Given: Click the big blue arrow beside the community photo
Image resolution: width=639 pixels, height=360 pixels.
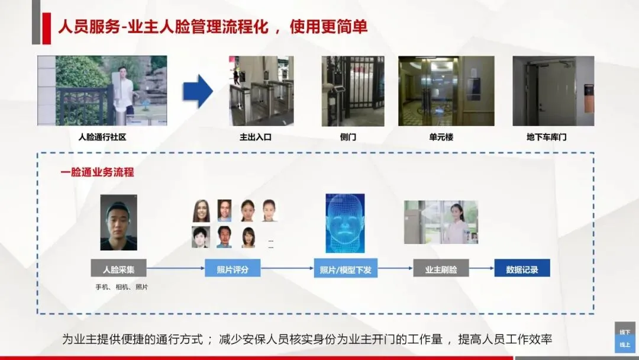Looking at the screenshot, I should pyautogui.click(x=197, y=91).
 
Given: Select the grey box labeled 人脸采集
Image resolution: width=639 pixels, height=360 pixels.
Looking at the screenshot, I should pyautogui.click(x=118, y=269).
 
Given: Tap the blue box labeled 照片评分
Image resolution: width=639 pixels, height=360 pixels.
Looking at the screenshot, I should pyautogui.click(x=233, y=269).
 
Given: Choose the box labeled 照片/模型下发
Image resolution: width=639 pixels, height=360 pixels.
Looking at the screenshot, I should pyautogui.click(x=346, y=269).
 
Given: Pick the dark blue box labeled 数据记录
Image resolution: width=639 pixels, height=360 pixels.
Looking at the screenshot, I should pyautogui.click(x=522, y=269).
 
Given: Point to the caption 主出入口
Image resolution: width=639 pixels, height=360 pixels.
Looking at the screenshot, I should pyautogui.click(x=255, y=137).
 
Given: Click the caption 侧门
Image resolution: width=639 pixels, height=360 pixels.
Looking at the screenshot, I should pyautogui.click(x=348, y=137).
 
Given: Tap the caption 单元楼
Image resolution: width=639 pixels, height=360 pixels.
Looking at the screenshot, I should pyautogui.click(x=441, y=137).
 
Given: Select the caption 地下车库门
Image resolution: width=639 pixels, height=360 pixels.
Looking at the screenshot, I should pyautogui.click(x=546, y=137).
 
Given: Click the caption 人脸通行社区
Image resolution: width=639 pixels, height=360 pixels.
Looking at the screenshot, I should pyautogui.click(x=102, y=137).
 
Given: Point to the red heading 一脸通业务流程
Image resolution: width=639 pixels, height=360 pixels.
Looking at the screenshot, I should pyautogui.click(x=97, y=172).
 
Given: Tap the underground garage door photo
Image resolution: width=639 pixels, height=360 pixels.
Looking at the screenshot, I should pyautogui.click(x=553, y=91).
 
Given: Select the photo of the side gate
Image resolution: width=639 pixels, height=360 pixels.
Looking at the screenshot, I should pyautogui.click(x=353, y=91).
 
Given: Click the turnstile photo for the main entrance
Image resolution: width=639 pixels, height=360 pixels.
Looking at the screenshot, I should pyautogui.click(x=262, y=91).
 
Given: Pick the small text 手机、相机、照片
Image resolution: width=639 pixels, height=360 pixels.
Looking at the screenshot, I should pyautogui.click(x=122, y=287).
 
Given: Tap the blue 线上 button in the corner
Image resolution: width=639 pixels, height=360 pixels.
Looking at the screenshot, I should pyautogui.click(x=625, y=345).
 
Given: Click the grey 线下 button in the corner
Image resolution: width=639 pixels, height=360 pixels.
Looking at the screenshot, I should pyautogui.click(x=625, y=332).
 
